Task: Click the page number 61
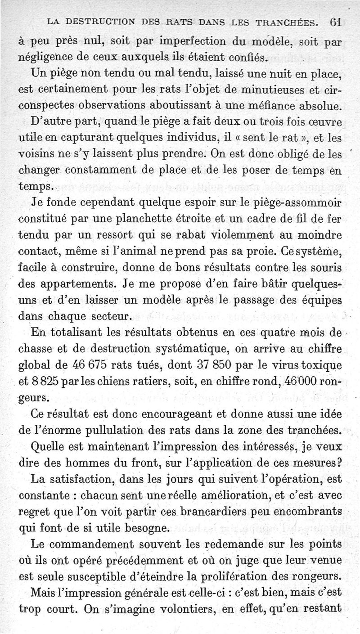[x=336, y=22]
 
